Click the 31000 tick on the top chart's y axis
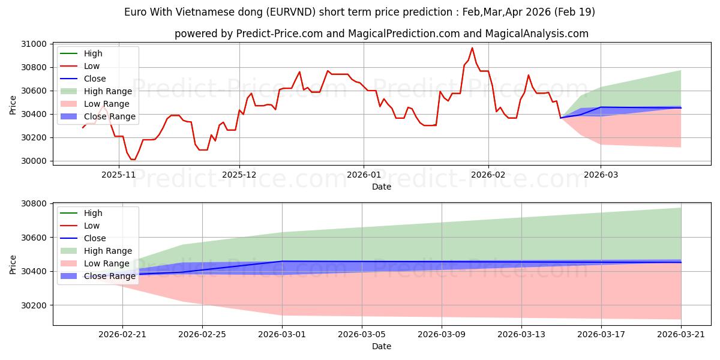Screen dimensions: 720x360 pos(34,44)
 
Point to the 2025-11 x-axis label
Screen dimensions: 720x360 pos(119,175)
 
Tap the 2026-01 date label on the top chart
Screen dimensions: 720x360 pos(364,175)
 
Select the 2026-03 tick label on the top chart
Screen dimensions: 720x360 pos(601,175)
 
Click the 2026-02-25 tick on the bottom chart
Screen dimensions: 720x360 pos(202,334)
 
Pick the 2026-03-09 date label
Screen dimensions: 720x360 pos(442,334)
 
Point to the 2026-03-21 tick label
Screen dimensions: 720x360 pos(681,334)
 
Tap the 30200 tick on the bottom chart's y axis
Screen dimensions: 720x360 pos(34,305)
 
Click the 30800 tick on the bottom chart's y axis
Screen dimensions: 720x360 pos(34,204)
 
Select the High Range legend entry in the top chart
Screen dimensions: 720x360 pos(96,91)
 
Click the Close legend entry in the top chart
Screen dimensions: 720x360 pos(83,79)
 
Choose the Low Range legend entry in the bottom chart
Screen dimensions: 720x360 pos(95,263)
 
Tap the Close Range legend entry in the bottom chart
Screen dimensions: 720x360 pos(98,276)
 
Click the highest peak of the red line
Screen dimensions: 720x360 pos(472,48)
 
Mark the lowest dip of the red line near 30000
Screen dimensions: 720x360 pos(133,160)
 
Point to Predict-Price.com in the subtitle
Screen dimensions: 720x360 pos(280,34)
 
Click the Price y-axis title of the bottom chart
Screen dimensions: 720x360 pos(13,265)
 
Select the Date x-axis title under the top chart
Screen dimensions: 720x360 pos(382,187)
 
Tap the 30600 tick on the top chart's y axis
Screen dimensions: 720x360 pos(34,91)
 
